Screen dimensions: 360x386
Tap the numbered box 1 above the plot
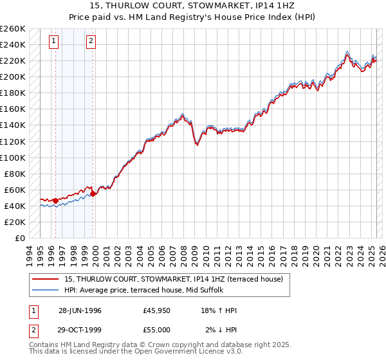coord(53,42)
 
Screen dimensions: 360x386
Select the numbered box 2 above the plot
coord(91,42)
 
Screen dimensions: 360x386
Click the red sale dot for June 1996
coord(56,201)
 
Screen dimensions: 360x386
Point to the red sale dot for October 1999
coord(93,194)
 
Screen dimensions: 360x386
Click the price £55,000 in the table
coord(157,330)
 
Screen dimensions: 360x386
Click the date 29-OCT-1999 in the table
coord(80,330)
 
